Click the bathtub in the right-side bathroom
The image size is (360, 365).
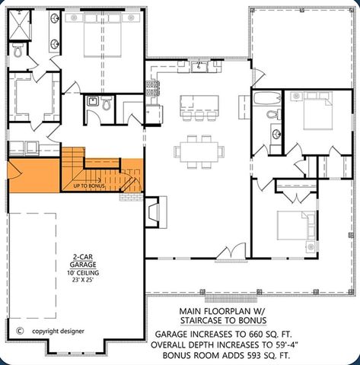coord(266,97)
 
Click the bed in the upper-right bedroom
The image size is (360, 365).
coord(314,114)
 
